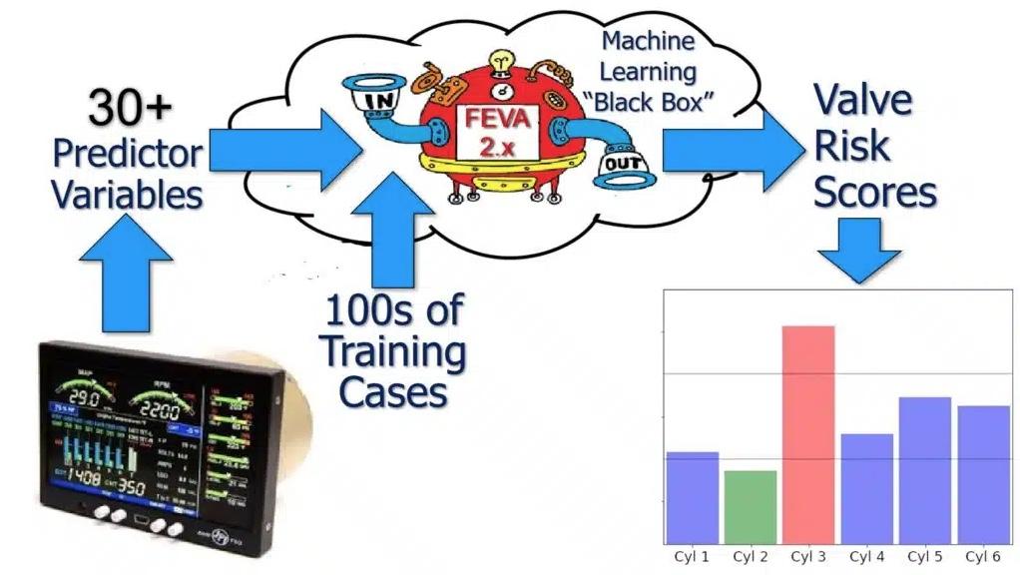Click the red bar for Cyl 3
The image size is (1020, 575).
click(x=808, y=434)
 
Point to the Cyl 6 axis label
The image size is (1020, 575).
click(x=983, y=555)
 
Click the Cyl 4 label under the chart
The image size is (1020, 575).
click(x=867, y=555)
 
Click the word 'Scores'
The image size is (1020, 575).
click(x=875, y=192)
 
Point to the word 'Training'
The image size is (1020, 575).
click(x=393, y=351)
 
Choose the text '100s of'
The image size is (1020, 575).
click(x=393, y=310)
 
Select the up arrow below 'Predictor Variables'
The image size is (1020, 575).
click(x=125, y=280)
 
